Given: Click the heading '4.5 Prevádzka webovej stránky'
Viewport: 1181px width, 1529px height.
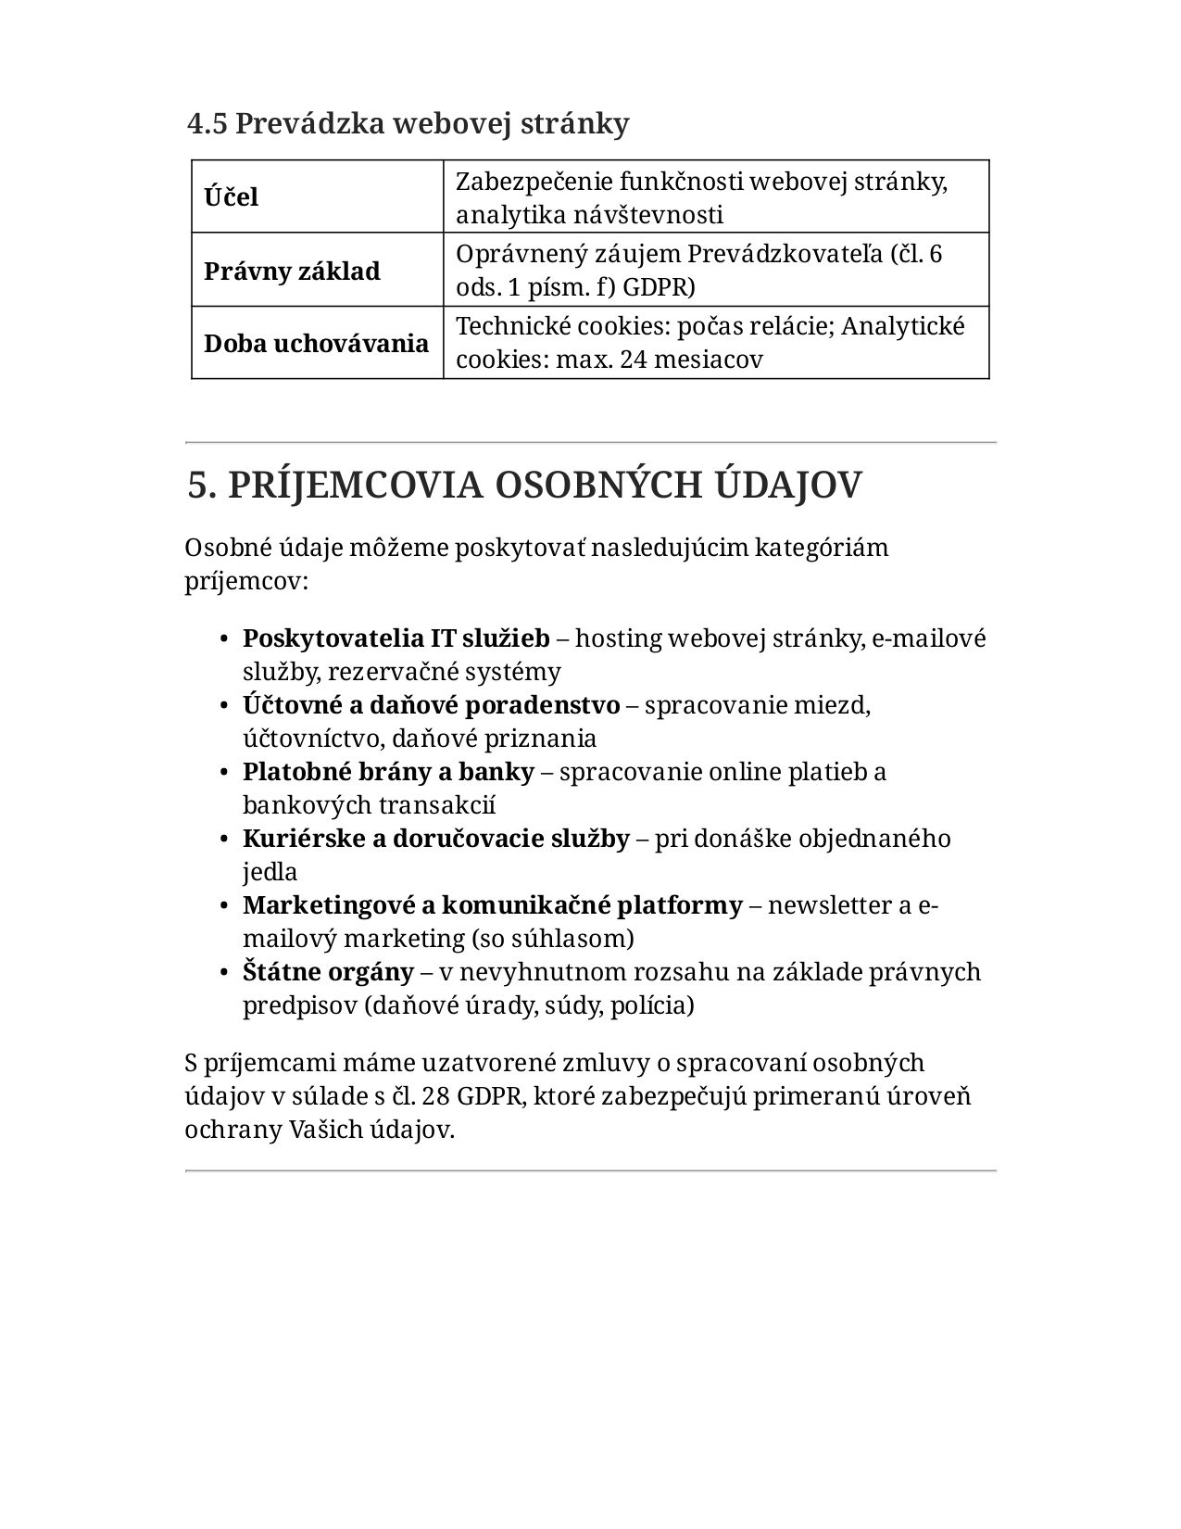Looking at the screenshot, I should tap(408, 123).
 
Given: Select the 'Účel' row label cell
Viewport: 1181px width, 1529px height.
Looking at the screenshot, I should tap(232, 197).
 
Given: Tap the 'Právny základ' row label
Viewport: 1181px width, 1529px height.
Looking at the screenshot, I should tap(292, 272).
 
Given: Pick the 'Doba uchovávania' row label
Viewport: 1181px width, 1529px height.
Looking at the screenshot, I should tap(316, 344).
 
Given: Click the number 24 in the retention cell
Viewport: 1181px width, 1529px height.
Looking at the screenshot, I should tap(634, 360).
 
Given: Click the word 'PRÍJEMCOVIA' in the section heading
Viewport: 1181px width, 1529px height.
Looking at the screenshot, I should tap(356, 485).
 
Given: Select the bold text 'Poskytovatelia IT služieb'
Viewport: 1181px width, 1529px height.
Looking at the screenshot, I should tap(396, 638).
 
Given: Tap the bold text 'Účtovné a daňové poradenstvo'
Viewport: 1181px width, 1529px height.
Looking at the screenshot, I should tap(431, 705).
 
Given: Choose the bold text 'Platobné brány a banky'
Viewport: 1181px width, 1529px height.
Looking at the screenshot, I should tap(388, 772).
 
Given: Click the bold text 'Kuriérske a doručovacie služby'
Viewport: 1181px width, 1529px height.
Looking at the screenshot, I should tap(435, 839).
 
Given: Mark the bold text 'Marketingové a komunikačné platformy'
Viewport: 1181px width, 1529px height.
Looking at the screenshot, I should tap(492, 905).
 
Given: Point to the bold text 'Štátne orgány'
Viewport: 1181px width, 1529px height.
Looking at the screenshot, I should tap(328, 972).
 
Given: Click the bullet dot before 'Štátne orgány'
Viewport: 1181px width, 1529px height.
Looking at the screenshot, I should tap(225, 973).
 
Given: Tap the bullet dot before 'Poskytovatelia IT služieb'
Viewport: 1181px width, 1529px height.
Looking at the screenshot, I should tap(225, 639).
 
